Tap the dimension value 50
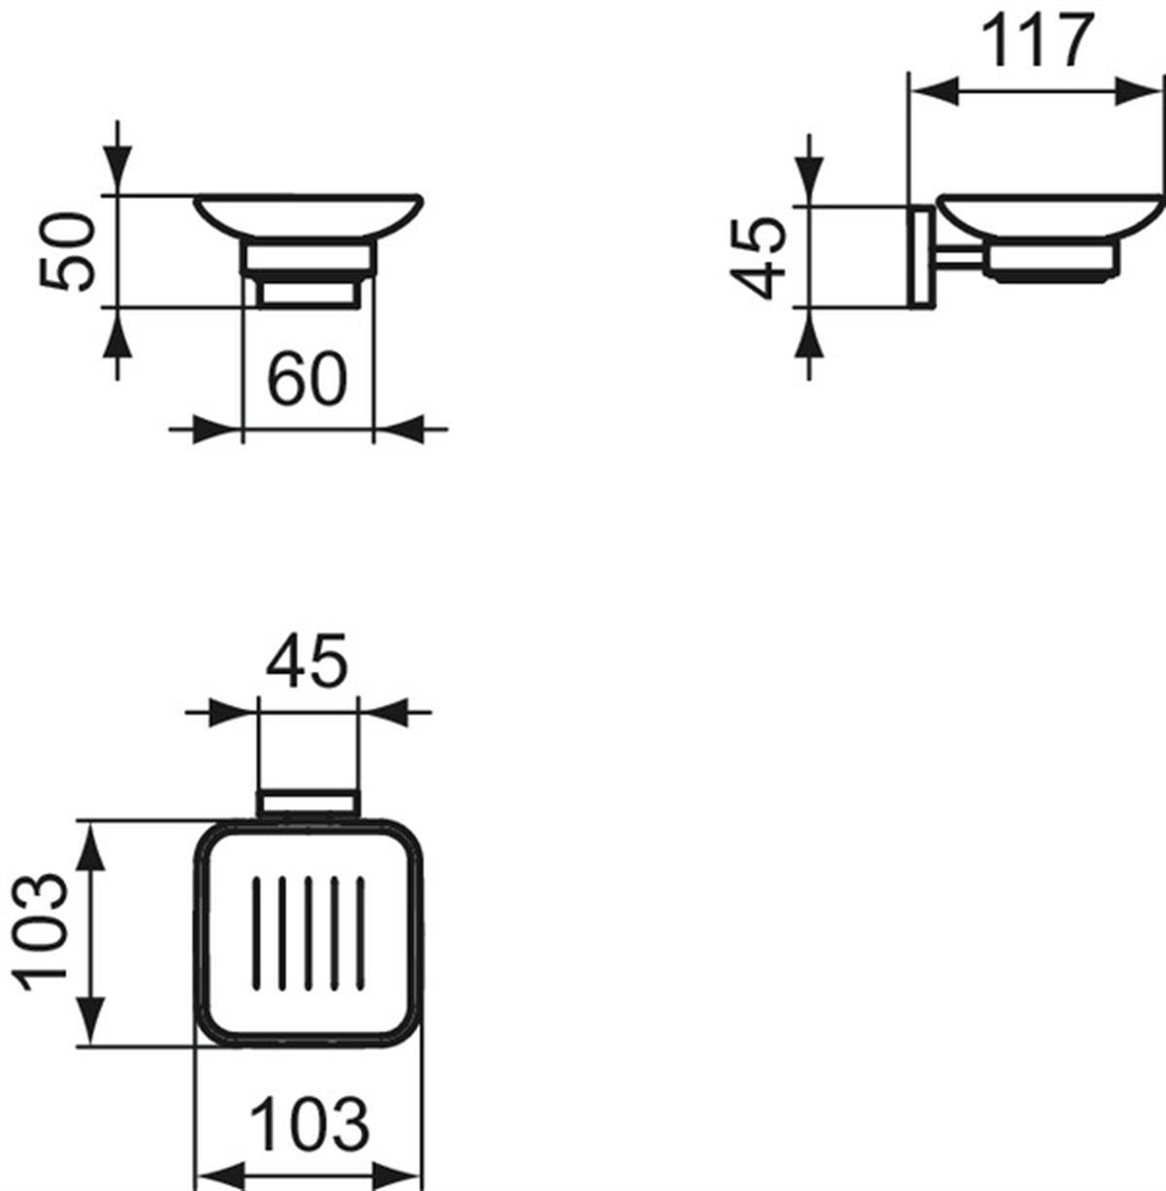[x=67, y=251]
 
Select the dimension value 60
[x=307, y=378]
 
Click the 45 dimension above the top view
[x=307, y=660]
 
